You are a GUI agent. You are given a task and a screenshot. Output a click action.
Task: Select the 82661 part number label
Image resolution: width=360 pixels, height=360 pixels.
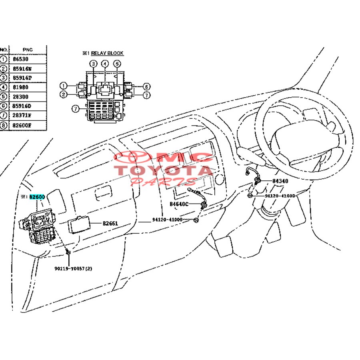(110, 224)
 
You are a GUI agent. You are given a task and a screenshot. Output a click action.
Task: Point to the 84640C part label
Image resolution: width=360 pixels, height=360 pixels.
(179, 204)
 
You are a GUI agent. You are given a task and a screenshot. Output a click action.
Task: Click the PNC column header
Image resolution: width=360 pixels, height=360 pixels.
(28, 49)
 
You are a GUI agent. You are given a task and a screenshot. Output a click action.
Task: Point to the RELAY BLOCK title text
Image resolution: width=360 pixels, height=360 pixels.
(107, 53)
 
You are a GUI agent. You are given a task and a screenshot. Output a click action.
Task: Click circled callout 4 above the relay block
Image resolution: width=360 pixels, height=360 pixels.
(105, 64)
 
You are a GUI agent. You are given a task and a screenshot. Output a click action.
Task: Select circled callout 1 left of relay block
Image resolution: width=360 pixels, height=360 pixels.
(63, 86)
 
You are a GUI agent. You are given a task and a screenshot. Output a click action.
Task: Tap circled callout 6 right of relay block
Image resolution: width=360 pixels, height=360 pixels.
(146, 86)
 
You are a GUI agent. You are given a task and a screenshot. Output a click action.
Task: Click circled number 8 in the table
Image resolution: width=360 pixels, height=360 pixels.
(4, 125)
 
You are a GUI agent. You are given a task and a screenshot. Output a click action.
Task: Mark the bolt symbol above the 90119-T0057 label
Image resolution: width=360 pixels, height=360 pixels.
(69, 253)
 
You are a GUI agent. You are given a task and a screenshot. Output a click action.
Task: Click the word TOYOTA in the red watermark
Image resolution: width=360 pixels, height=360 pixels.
(164, 170)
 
